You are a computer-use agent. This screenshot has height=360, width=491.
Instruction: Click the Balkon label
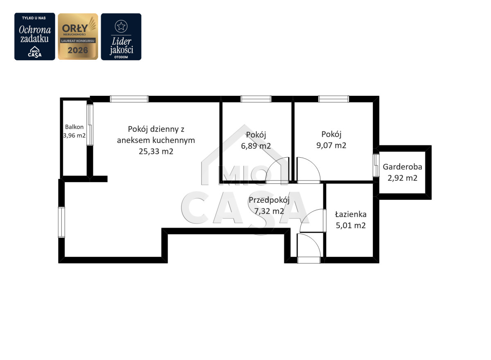(74, 127)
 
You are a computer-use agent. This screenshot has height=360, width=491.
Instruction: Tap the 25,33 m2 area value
(156, 152)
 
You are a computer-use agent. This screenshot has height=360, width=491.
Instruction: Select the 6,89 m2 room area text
(256, 146)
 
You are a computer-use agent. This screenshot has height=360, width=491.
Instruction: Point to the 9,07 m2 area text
(331, 145)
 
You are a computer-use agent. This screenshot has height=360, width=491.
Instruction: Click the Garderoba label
(403, 167)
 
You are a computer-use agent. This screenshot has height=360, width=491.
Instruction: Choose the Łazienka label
(351, 214)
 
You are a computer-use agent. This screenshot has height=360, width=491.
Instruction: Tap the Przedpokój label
(269, 201)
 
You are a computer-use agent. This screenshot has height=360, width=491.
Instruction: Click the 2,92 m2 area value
(403, 178)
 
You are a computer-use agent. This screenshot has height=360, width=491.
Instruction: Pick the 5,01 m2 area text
(351, 225)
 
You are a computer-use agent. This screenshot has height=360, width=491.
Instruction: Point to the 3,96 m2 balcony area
(74, 135)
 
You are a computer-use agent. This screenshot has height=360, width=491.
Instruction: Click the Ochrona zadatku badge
(35, 36)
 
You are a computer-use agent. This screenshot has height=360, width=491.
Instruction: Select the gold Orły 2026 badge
(78, 36)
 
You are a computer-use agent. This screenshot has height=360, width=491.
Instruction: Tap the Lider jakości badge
(121, 36)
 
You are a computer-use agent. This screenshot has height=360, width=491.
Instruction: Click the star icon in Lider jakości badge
(121, 26)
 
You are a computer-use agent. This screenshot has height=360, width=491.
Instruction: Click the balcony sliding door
(90, 125)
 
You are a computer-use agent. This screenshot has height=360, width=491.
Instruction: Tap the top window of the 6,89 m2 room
(256, 99)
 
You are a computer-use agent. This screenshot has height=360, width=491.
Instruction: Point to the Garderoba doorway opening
(376, 165)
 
